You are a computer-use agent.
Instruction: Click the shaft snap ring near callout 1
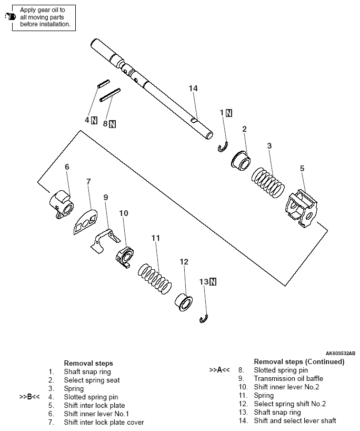click(x=222, y=147)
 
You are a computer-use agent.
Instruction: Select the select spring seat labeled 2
click(x=242, y=160)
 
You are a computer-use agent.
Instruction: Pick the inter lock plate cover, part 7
click(x=84, y=220)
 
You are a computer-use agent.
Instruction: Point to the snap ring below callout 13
click(x=205, y=318)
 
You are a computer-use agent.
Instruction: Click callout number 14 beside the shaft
click(x=193, y=89)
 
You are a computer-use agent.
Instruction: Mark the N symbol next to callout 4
click(x=94, y=120)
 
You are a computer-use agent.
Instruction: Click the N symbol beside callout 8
click(x=113, y=124)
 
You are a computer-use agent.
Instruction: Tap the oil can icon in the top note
click(x=7, y=17)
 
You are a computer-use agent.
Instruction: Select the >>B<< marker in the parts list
click(x=29, y=397)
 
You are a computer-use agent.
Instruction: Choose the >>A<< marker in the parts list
click(x=219, y=370)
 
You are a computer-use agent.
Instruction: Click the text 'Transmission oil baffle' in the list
click(x=288, y=378)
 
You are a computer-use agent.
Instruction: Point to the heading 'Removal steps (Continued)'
click(x=299, y=361)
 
